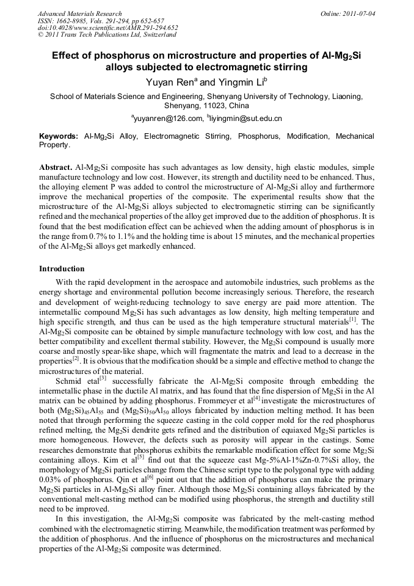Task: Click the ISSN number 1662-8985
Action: click(x=72, y=21)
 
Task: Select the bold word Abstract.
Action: click(x=56, y=167)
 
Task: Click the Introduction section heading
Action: click(x=62, y=268)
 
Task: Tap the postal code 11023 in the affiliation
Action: click(x=202, y=105)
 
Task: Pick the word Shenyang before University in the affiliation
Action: click(x=232, y=96)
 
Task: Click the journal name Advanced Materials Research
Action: click(x=79, y=13)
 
